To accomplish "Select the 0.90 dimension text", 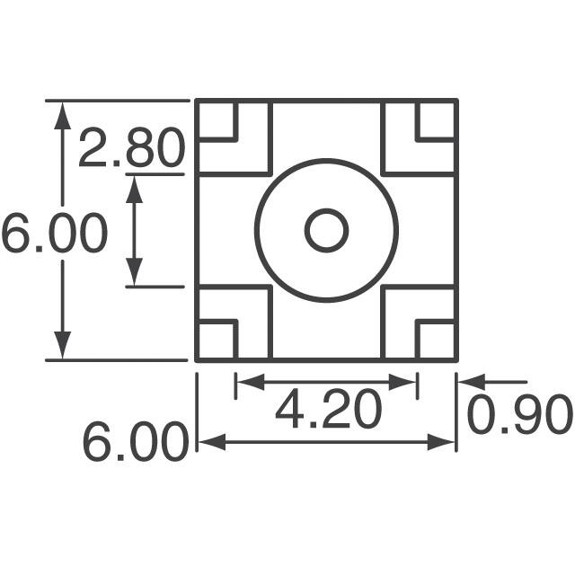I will [x=519, y=414].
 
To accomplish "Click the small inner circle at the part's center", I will [x=326, y=230].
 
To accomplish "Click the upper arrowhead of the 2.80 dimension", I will [x=134, y=186].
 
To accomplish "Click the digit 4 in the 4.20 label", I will [x=291, y=411].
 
